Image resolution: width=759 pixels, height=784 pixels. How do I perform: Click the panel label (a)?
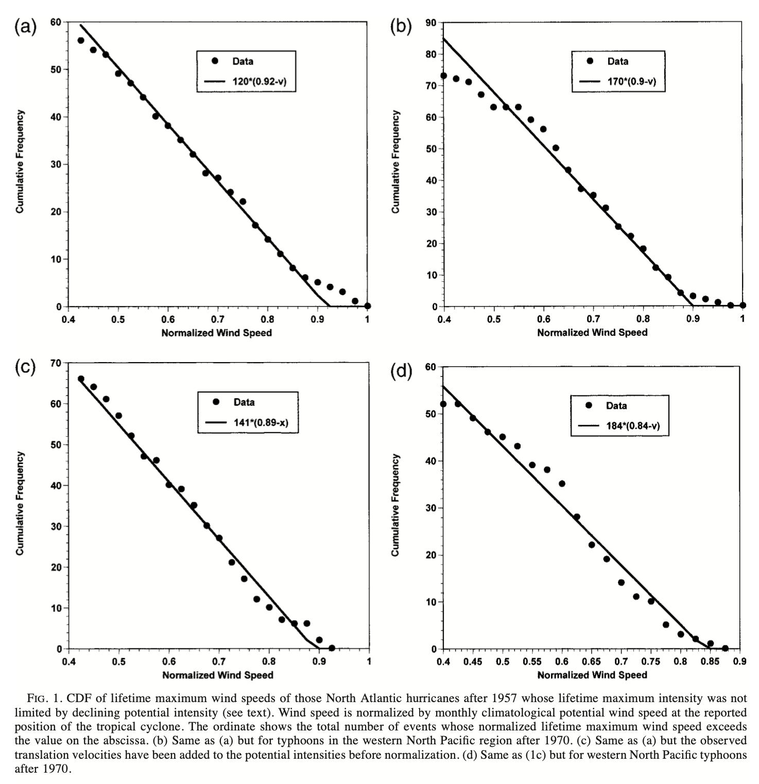[x=25, y=27]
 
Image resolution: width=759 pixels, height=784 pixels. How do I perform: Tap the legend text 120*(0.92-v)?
[x=260, y=81]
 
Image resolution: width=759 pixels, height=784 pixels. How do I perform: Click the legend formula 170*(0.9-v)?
[x=632, y=81]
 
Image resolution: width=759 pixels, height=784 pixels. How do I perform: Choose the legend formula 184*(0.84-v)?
[x=633, y=426]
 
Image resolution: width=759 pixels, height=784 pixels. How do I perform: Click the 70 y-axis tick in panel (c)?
[x=56, y=363]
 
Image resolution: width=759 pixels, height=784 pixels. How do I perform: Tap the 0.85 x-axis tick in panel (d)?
[x=710, y=661]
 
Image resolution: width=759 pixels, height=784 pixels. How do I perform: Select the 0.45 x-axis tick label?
[x=473, y=661]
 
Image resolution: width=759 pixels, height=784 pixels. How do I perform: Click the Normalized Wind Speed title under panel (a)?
[x=216, y=333]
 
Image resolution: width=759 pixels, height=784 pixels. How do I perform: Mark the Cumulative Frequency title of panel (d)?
[x=395, y=505]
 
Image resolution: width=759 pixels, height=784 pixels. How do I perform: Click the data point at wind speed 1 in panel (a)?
[x=367, y=306]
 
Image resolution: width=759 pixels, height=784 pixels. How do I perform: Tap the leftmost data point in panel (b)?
[x=443, y=76]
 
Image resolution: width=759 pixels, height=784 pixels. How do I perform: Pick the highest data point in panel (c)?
[x=81, y=379]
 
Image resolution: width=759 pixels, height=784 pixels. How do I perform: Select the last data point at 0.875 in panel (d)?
[x=725, y=649]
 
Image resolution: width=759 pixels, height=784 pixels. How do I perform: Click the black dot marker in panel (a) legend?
[x=215, y=61]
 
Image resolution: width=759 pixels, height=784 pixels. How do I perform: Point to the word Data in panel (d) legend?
[x=616, y=406]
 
